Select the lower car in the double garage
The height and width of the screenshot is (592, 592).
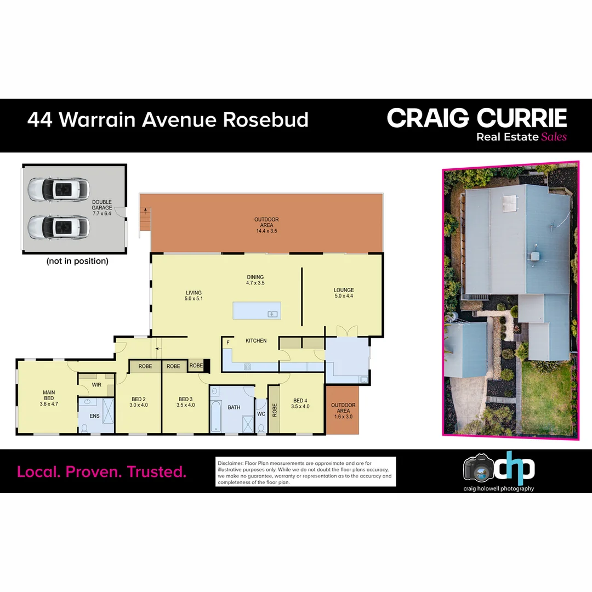[x=58, y=226]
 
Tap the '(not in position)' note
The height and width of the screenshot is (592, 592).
[x=77, y=261]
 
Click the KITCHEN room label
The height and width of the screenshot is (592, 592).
[x=256, y=341]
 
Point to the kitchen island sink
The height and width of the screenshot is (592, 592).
[x=272, y=314]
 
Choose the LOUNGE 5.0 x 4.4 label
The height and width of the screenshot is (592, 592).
[x=344, y=293]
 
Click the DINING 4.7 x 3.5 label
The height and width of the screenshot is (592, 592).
[x=255, y=280]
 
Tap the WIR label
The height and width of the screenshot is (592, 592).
[x=96, y=385]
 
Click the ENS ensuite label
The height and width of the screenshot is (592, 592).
[x=95, y=416]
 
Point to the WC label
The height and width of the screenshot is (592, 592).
[x=261, y=414]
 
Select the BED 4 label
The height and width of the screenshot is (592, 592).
[x=301, y=403]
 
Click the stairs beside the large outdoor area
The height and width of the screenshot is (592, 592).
[x=145, y=219]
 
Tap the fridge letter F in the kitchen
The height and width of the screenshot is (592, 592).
[x=227, y=342]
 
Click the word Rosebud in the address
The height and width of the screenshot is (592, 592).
[x=265, y=119]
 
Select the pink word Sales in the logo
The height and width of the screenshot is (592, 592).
[x=554, y=137]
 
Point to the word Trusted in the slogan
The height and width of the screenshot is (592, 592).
[x=157, y=471]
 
